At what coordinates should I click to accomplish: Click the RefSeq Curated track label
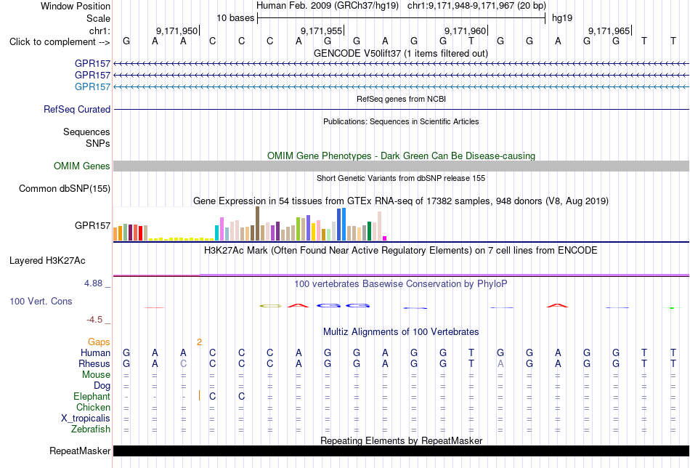(77, 109)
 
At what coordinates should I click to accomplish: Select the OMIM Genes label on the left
(82, 166)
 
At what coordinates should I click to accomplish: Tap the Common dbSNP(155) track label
(65, 188)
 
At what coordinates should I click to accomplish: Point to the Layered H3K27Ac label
(47, 261)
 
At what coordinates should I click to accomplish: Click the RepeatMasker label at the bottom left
(80, 451)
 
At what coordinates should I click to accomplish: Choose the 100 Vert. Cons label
(41, 301)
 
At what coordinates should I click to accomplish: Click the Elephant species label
(92, 396)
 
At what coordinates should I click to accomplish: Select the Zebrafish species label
(91, 429)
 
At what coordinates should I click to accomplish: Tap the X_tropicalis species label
(86, 419)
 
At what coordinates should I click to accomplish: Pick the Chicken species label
(93, 407)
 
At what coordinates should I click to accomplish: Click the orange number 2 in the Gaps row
(199, 342)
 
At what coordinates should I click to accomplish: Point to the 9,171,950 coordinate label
(177, 31)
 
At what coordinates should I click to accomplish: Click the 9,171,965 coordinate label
(609, 31)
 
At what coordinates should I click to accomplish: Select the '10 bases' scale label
(235, 18)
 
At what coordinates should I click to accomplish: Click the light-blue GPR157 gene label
(92, 86)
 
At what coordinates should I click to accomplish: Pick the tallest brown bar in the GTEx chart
(257, 224)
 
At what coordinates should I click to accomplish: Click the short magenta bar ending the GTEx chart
(385, 238)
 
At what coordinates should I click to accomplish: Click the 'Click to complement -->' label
(60, 42)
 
